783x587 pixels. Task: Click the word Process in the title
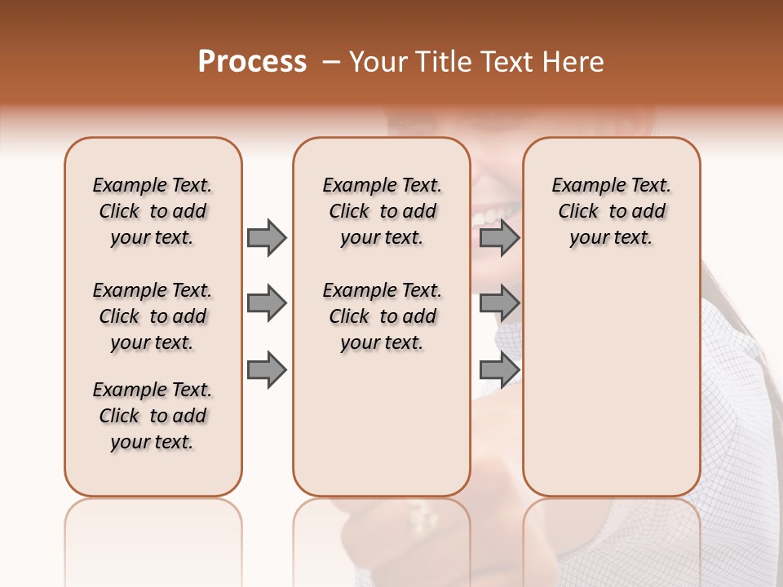tap(252, 62)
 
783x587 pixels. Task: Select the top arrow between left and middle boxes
tap(267, 237)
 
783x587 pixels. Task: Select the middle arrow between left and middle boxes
tap(267, 303)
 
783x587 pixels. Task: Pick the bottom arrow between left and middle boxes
tap(267, 370)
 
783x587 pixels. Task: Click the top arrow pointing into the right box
tap(499, 237)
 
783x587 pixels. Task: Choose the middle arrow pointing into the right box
tap(499, 303)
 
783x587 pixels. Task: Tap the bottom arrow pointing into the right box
tap(499, 370)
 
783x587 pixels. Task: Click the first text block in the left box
tap(153, 211)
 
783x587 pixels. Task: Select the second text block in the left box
tap(153, 316)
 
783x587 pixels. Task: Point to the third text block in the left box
tap(153, 416)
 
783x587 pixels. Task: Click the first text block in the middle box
tap(382, 211)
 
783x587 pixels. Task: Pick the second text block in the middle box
tap(382, 316)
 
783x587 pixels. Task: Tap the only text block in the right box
tap(611, 211)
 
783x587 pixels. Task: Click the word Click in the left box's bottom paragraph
tap(119, 416)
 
